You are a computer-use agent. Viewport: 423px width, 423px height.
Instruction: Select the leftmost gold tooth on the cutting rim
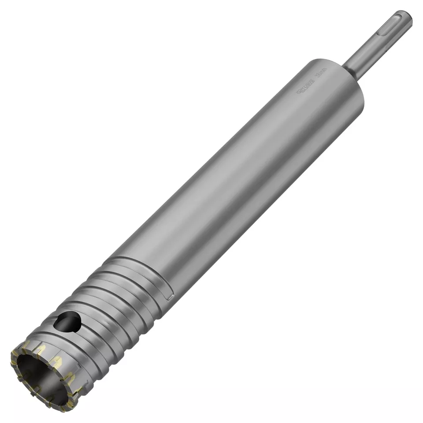(14, 361)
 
